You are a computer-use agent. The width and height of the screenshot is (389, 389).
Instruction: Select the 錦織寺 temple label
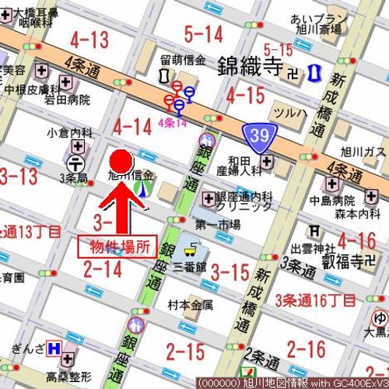(x=248, y=64)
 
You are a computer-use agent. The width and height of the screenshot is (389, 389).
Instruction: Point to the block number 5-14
(x=203, y=33)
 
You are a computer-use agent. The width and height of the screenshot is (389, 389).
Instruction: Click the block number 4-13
(x=89, y=40)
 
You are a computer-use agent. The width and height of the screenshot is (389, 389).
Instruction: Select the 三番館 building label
(x=189, y=265)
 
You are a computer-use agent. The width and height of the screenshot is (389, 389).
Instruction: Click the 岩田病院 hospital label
(x=67, y=100)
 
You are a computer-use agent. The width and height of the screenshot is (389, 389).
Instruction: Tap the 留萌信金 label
(x=183, y=60)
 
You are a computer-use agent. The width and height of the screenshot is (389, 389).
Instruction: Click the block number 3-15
(x=230, y=273)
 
